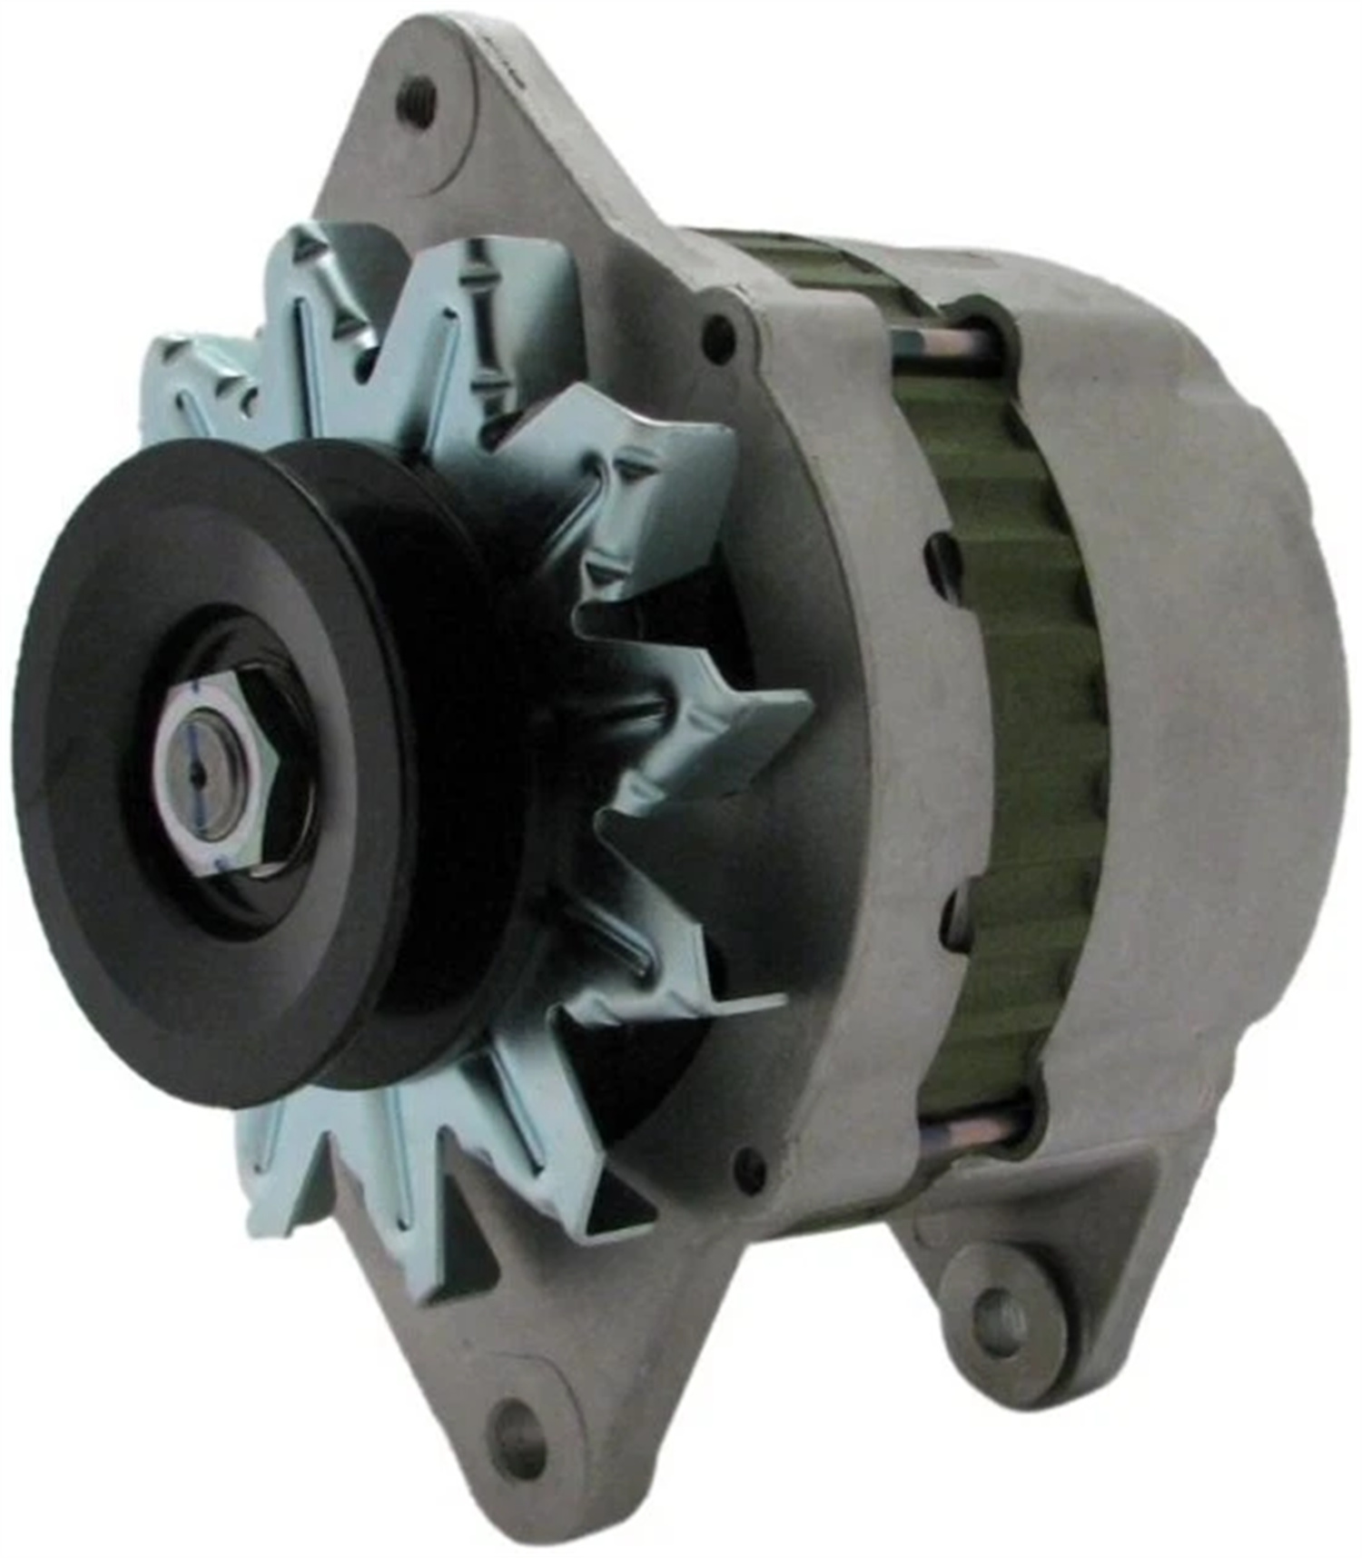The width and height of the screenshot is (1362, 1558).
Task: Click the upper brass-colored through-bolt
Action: (x=944, y=342)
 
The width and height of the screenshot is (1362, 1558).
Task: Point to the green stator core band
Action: (x=1035, y=727)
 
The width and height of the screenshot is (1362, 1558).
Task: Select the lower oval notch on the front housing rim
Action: (x=953, y=913)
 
